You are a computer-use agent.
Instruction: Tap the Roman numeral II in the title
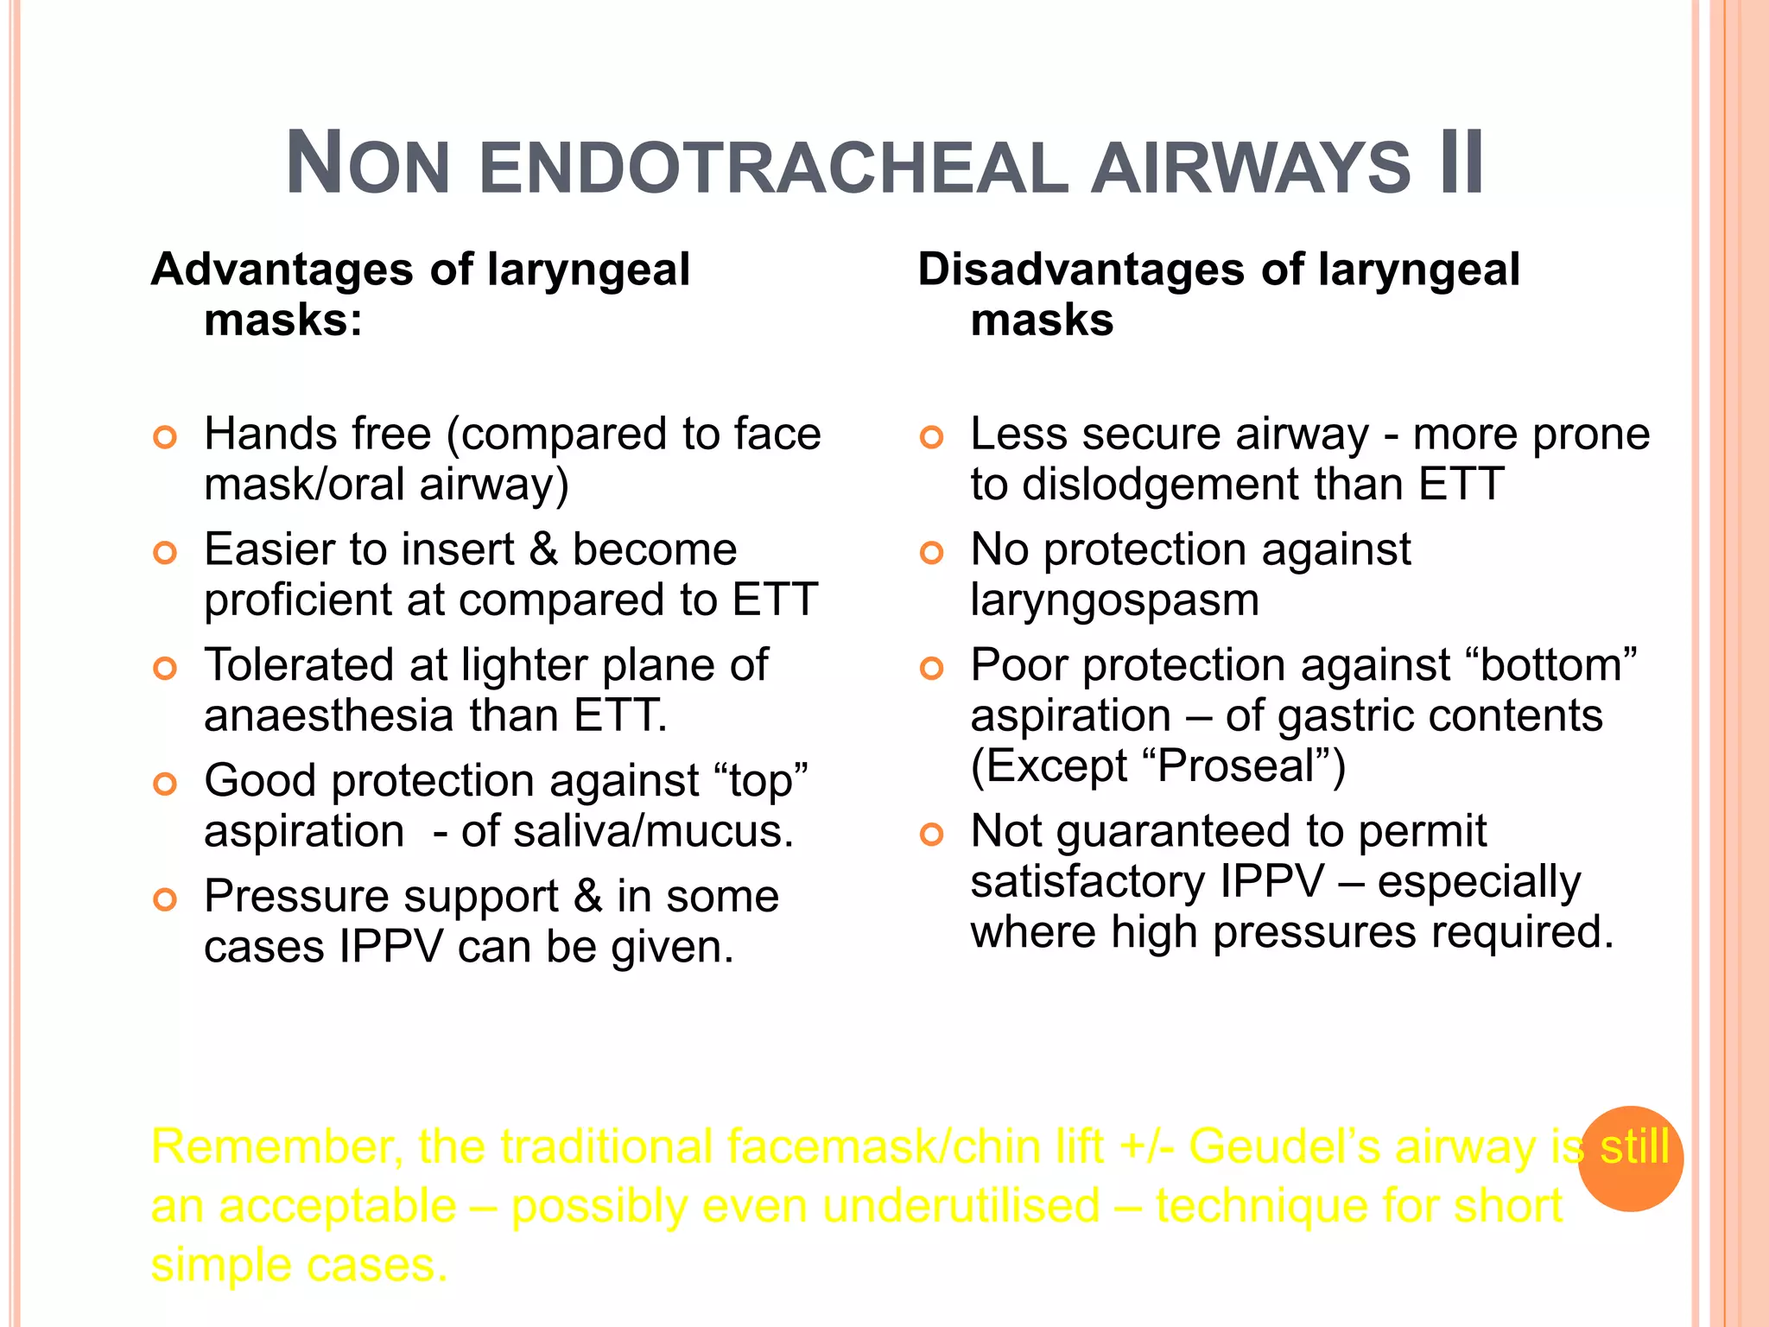(1461, 163)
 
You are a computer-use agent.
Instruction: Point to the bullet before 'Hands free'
(164, 437)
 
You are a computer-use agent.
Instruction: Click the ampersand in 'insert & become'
(543, 550)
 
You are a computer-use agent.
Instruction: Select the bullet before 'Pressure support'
(164, 900)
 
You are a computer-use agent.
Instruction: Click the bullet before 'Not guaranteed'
(931, 835)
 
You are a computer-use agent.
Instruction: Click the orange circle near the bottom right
(1630, 1159)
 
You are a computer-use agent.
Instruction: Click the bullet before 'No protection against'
(931, 553)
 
